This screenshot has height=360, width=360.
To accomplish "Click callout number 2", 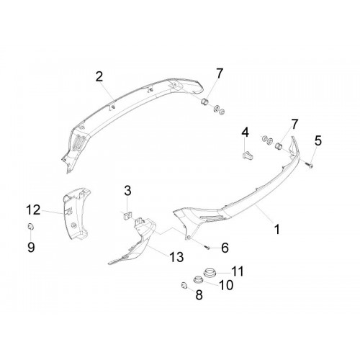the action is pyautogui.click(x=99, y=77).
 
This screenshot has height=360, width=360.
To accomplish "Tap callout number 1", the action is pyautogui.click(x=277, y=229).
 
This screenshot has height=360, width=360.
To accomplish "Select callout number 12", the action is pyautogui.click(x=33, y=210).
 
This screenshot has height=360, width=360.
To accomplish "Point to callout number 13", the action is pyautogui.click(x=176, y=257).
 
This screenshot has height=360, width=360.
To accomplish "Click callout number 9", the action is pyautogui.click(x=31, y=247).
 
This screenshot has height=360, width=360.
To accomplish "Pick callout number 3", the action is pyautogui.click(x=127, y=191).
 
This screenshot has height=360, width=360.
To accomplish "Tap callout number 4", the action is pyautogui.click(x=245, y=132).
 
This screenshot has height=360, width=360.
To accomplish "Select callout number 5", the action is pyautogui.click(x=318, y=140).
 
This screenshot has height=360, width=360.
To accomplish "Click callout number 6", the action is pyautogui.click(x=225, y=248).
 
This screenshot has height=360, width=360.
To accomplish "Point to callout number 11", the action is pyautogui.click(x=238, y=271).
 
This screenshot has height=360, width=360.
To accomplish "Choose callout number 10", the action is pyautogui.click(x=226, y=285).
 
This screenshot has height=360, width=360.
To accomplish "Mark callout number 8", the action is pyautogui.click(x=199, y=294).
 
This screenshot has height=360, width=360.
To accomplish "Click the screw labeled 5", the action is pyautogui.click(x=309, y=165).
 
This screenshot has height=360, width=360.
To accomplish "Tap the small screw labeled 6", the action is pyautogui.click(x=207, y=247).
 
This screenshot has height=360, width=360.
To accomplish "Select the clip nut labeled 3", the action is pyautogui.click(x=127, y=216).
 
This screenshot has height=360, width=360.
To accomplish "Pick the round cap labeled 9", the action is pyautogui.click(x=30, y=226).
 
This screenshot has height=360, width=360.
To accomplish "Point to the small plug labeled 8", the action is pyautogui.click(x=184, y=285).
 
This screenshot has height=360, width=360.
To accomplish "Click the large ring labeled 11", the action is pyautogui.click(x=210, y=272).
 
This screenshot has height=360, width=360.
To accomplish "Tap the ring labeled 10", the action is pyautogui.click(x=198, y=279).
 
